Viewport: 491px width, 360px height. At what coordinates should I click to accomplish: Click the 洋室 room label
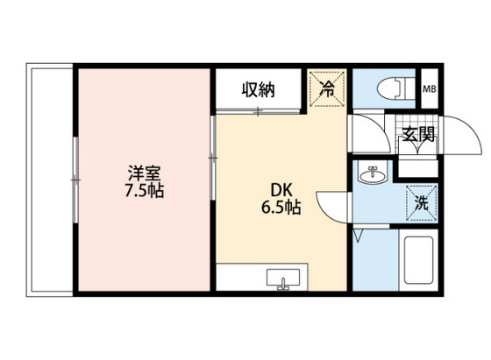pos(143,172)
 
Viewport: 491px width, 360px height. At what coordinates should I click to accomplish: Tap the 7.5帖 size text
pos(143,189)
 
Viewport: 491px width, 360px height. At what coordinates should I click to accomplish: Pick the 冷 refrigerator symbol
pos(327,88)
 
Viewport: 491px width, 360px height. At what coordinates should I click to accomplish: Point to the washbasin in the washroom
pos(374,175)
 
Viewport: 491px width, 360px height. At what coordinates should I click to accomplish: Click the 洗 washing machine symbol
pos(420,201)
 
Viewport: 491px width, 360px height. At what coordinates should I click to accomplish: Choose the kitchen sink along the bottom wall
pos(282,279)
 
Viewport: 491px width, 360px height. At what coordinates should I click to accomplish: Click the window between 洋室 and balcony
pos(75,180)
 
